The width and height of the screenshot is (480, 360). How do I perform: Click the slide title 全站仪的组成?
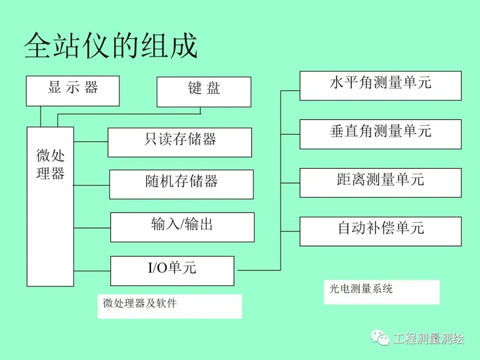pyautogui.click(x=110, y=45)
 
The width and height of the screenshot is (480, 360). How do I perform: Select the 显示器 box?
pyautogui.click(x=72, y=91)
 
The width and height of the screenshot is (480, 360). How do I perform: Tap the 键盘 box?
pyautogui.click(x=204, y=92)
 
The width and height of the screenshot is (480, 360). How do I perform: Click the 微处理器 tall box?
pyautogui.click(x=50, y=206)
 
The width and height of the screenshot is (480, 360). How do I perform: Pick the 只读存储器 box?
pyautogui.click(x=180, y=142)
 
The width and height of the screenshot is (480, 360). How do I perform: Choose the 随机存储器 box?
pyautogui.click(x=181, y=184)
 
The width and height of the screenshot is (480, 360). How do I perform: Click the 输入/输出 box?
pyautogui.click(x=182, y=227)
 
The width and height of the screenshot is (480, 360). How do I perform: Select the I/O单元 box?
pyautogui.click(x=172, y=270)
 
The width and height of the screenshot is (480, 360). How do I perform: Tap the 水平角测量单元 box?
pyautogui.click(x=380, y=85)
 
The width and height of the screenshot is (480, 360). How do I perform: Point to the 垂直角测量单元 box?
pyautogui.click(x=380, y=134)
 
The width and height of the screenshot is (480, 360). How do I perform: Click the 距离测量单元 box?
pyautogui.click(x=380, y=182)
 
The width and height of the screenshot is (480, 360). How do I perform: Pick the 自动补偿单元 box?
pyautogui.click(x=380, y=231)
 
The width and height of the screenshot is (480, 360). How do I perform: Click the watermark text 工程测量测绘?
pyautogui.click(x=428, y=339)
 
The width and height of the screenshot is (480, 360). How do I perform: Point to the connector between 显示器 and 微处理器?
pyautogui.click(x=40, y=116)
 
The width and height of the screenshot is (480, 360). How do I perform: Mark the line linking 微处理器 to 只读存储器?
pyautogui.click(x=91, y=142)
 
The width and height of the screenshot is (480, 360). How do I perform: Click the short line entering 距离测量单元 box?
pyautogui.click(x=290, y=183)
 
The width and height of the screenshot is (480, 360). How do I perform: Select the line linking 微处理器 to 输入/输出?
pyautogui.click(x=92, y=228)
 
